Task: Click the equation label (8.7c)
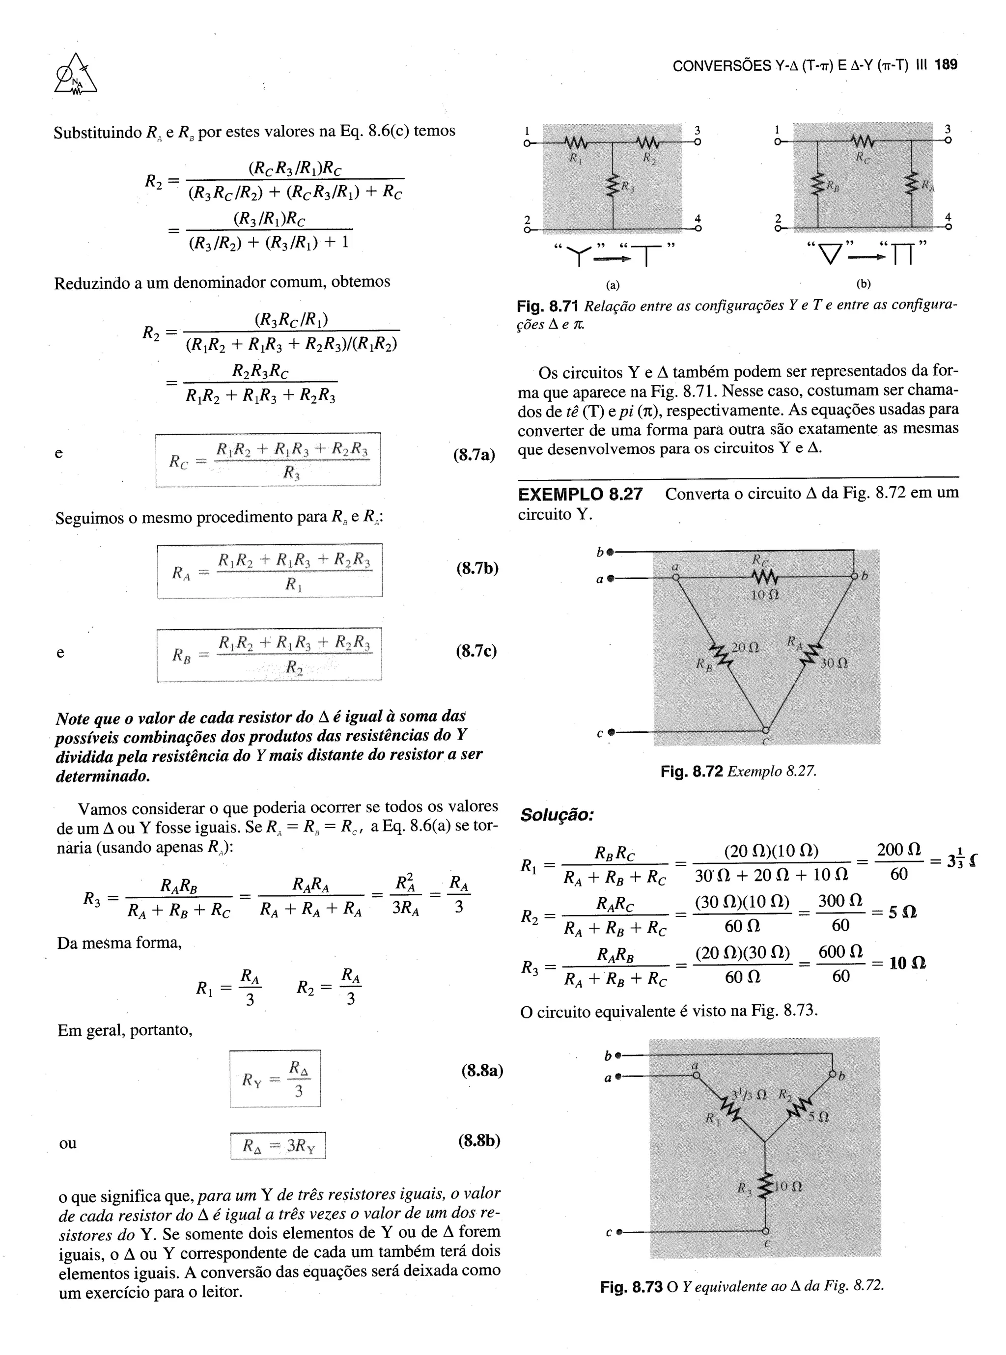(476, 651)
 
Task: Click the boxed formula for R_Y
(275, 1078)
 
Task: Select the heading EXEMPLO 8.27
(580, 494)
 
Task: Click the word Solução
(557, 814)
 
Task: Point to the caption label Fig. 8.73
(631, 1286)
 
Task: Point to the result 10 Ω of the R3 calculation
(907, 963)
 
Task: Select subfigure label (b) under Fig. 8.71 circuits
(863, 284)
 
